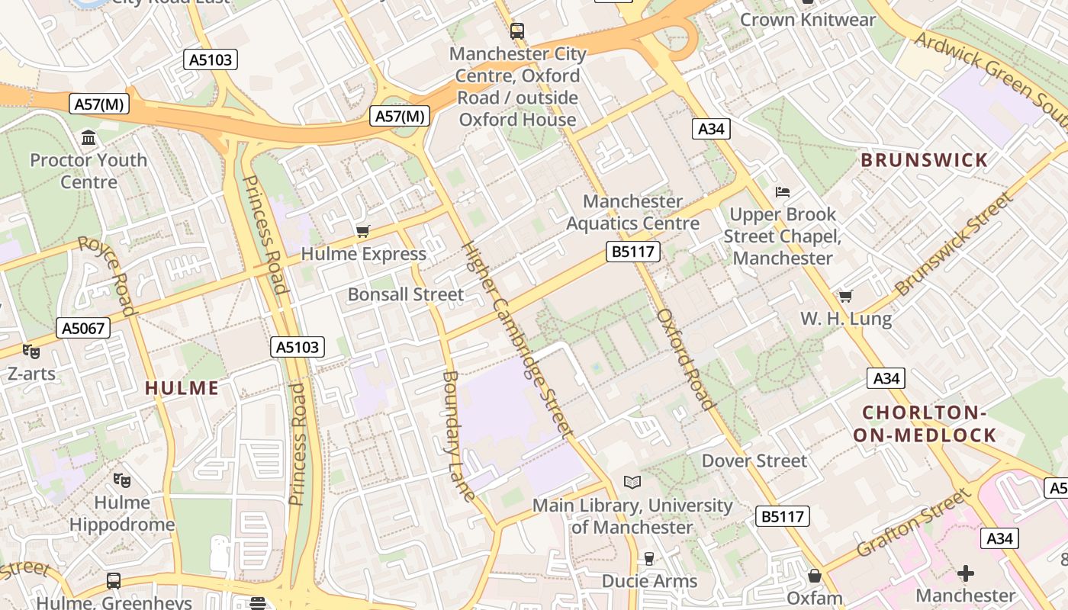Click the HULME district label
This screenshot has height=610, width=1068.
[x=182, y=387]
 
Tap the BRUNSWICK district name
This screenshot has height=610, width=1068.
[x=924, y=160]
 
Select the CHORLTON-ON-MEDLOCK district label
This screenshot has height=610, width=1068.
[x=928, y=424]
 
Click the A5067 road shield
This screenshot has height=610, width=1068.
[x=83, y=329]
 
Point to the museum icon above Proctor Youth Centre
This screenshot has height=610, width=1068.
[x=88, y=138]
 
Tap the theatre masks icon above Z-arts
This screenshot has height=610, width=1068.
[x=31, y=352]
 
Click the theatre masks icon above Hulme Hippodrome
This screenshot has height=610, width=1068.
[x=121, y=480]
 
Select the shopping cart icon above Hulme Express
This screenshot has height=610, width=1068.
[x=363, y=231]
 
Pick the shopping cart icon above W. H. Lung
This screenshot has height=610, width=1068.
[x=845, y=296]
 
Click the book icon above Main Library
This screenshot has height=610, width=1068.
[x=632, y=482]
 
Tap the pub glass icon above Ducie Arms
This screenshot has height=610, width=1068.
[x=649, y=559]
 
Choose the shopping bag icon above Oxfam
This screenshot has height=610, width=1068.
[x=814, y=576]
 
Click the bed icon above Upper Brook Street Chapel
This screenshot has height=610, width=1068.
[x=783, y=191]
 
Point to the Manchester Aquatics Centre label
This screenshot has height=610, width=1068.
[x=632, y=212]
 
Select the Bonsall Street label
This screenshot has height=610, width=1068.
[x=405, y=294]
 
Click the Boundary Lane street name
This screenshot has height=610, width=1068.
[x=459, y=435]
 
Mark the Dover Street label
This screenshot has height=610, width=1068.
[x=754, y=461]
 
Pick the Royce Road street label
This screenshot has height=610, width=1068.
[x=107, y=275]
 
